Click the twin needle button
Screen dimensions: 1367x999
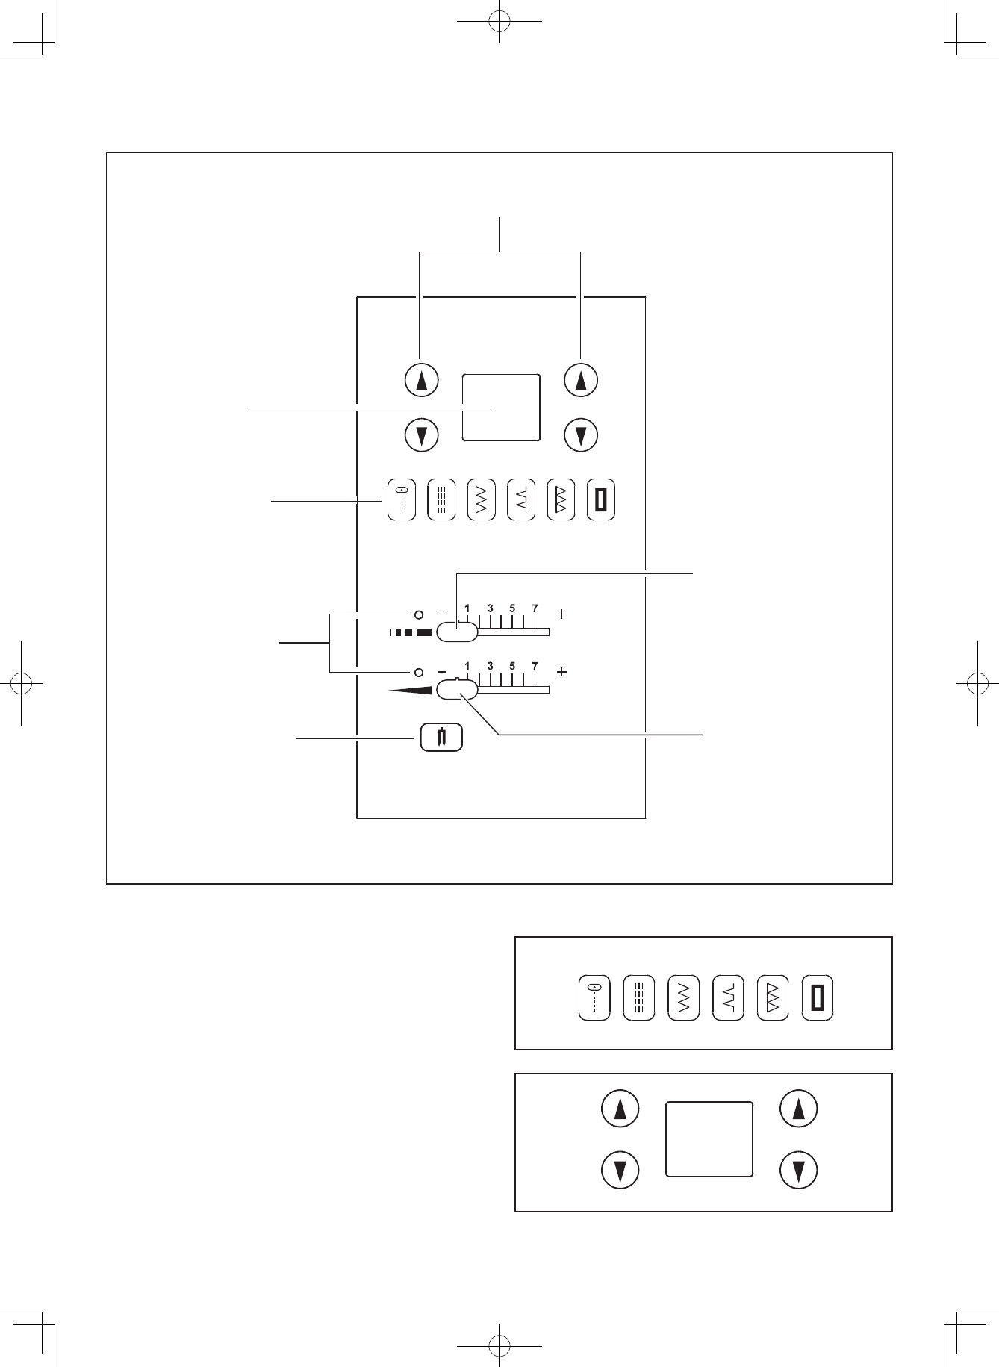click(x=441, y=738)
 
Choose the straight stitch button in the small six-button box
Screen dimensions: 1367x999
click(x=594, y=997)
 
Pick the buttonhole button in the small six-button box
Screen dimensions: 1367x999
click(x=818, y=997)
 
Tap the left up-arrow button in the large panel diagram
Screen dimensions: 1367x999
click(x=421, y=381)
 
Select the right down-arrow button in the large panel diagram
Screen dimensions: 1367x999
click(x=581, y=435)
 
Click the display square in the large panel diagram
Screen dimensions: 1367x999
click(x=501, y=408)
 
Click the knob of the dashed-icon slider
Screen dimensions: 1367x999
click(x=456, y=632)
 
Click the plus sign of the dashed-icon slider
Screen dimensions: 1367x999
click(x=561, y=614)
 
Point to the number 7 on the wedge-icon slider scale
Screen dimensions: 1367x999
click(x=535, y=666)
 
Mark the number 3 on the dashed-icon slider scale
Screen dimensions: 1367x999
click(x=490, y=608)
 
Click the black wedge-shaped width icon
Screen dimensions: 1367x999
click(x=410, y=691)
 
